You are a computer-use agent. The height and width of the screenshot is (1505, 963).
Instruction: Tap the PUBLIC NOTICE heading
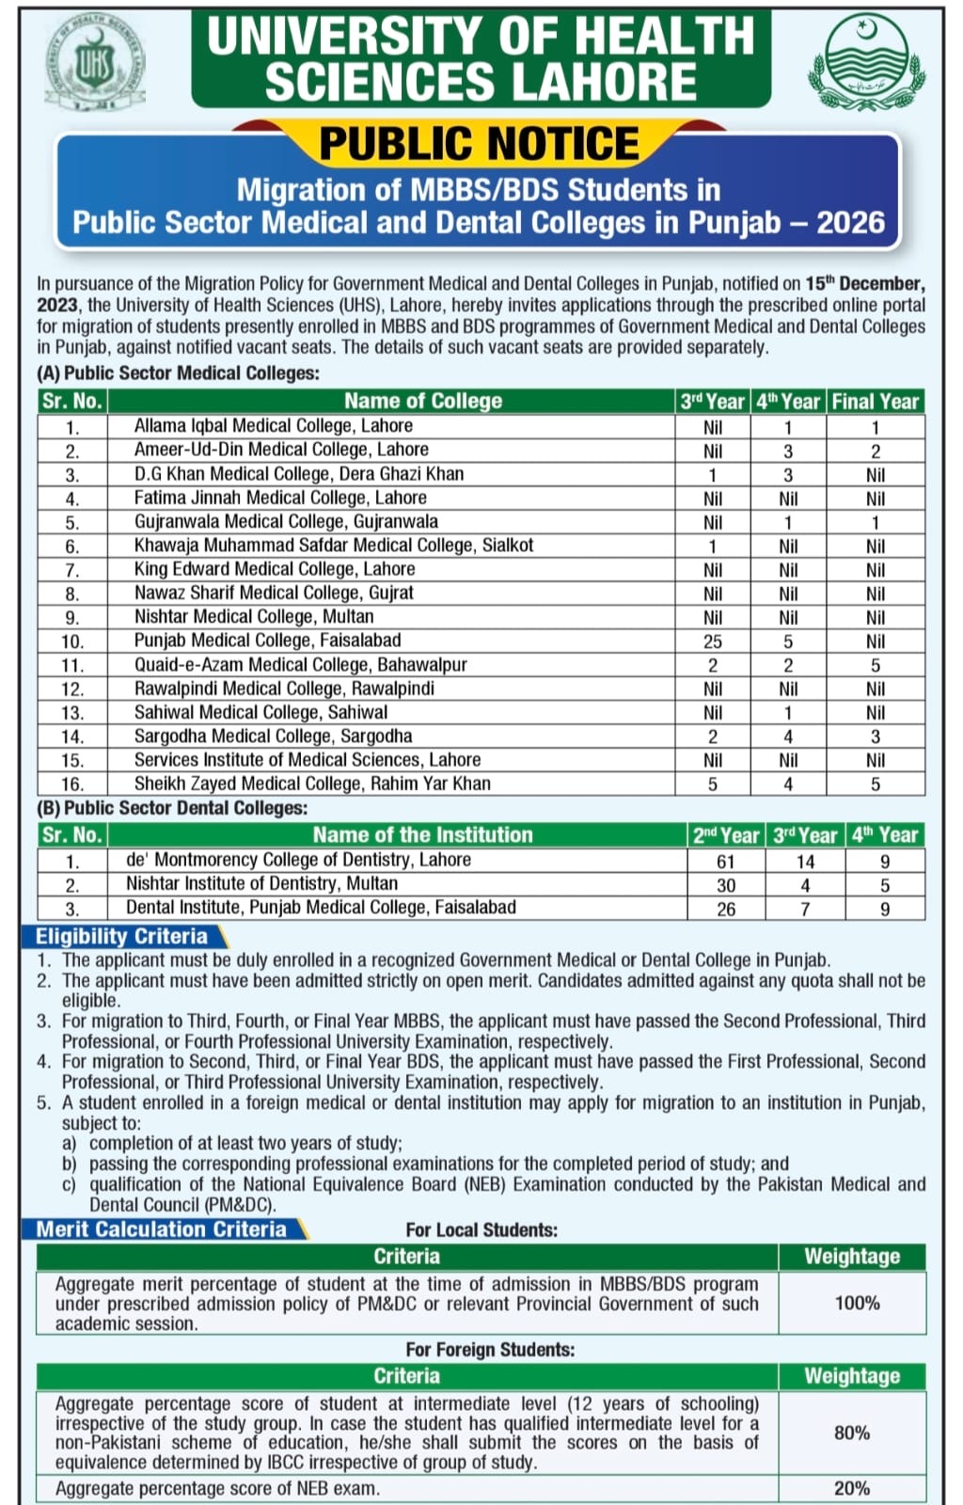coord(480,144)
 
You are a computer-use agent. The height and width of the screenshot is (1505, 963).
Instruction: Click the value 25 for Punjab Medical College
coord(713,642)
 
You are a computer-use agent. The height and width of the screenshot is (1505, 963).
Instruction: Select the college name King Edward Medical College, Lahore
coord(274,569)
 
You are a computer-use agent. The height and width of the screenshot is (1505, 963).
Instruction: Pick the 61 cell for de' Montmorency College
coord(725,861)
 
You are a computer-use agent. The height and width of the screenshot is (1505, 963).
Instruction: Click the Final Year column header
coord(875,402)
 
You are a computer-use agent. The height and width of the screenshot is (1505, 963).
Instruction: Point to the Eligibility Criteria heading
coord(122,937)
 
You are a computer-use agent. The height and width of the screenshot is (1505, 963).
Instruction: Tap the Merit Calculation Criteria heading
coord(162,1229)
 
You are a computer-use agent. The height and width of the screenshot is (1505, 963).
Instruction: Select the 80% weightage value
coord(852,1433)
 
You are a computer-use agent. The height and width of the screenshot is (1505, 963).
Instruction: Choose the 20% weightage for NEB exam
coord(852,1488)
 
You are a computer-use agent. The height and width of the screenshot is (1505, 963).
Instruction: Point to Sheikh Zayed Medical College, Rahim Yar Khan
coord(312,784)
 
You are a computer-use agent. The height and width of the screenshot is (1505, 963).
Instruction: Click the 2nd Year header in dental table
coord(725,835)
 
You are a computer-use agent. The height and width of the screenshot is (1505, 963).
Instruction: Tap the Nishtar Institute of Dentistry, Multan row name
coord(261,884)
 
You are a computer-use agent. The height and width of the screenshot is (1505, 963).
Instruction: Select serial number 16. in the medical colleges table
coord(72,784)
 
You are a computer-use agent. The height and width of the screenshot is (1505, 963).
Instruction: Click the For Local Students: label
coord(481,1230)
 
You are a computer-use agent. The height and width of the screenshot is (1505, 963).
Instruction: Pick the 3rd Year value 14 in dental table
coord(805,861)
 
